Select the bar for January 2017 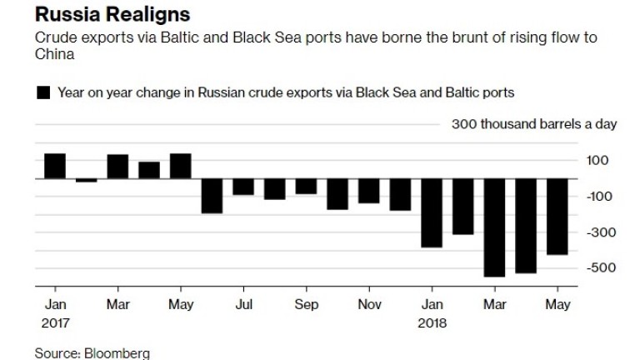click(55, 166)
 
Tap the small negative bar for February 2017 click(87, 180)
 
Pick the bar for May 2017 click(181, 166)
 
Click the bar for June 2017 click(212, 195)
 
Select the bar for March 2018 click(494, 227)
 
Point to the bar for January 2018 click(432, 212)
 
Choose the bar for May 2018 click(557, 217)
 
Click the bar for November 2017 click(368, 190)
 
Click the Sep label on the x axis click(306, 305)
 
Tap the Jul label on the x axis click(243, 305)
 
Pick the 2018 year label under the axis click(432, 322)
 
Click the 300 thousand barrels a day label click(534, 125)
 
